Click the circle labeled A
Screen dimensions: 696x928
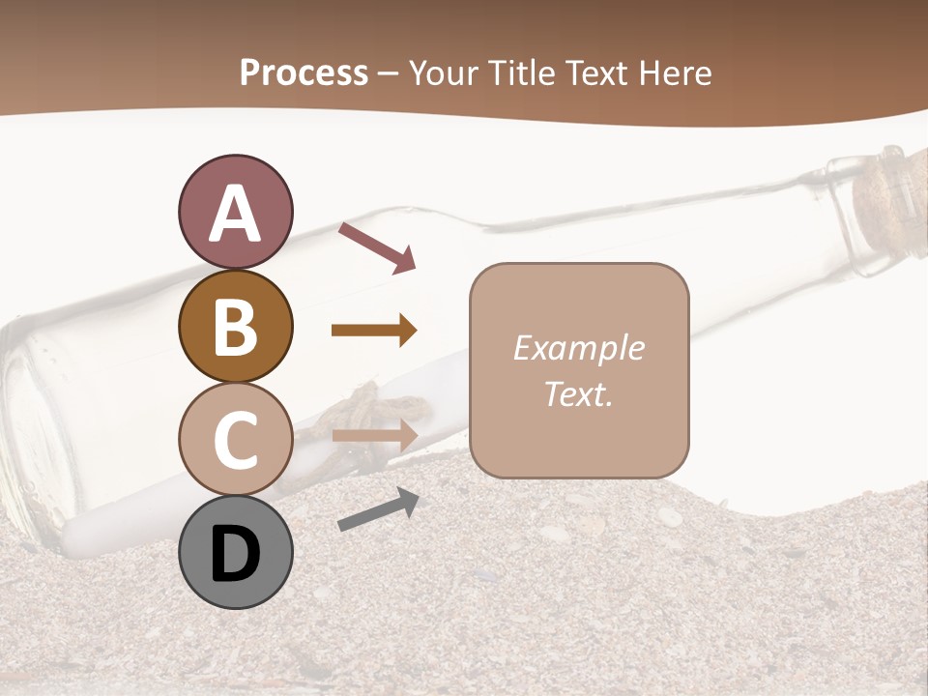235,212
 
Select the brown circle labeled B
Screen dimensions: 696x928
235,326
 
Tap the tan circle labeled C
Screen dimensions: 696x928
235,439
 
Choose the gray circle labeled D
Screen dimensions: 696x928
235,552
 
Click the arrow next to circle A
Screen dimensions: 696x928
377,246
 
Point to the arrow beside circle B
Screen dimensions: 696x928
374,331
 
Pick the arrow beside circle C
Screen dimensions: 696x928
374,435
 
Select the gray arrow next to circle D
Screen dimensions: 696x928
378,509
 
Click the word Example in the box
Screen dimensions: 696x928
578,348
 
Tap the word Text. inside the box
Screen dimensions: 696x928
578,393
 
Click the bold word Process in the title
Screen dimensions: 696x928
304,72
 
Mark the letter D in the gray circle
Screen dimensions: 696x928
235,554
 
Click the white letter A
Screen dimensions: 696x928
235,214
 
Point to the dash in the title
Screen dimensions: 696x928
389,73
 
